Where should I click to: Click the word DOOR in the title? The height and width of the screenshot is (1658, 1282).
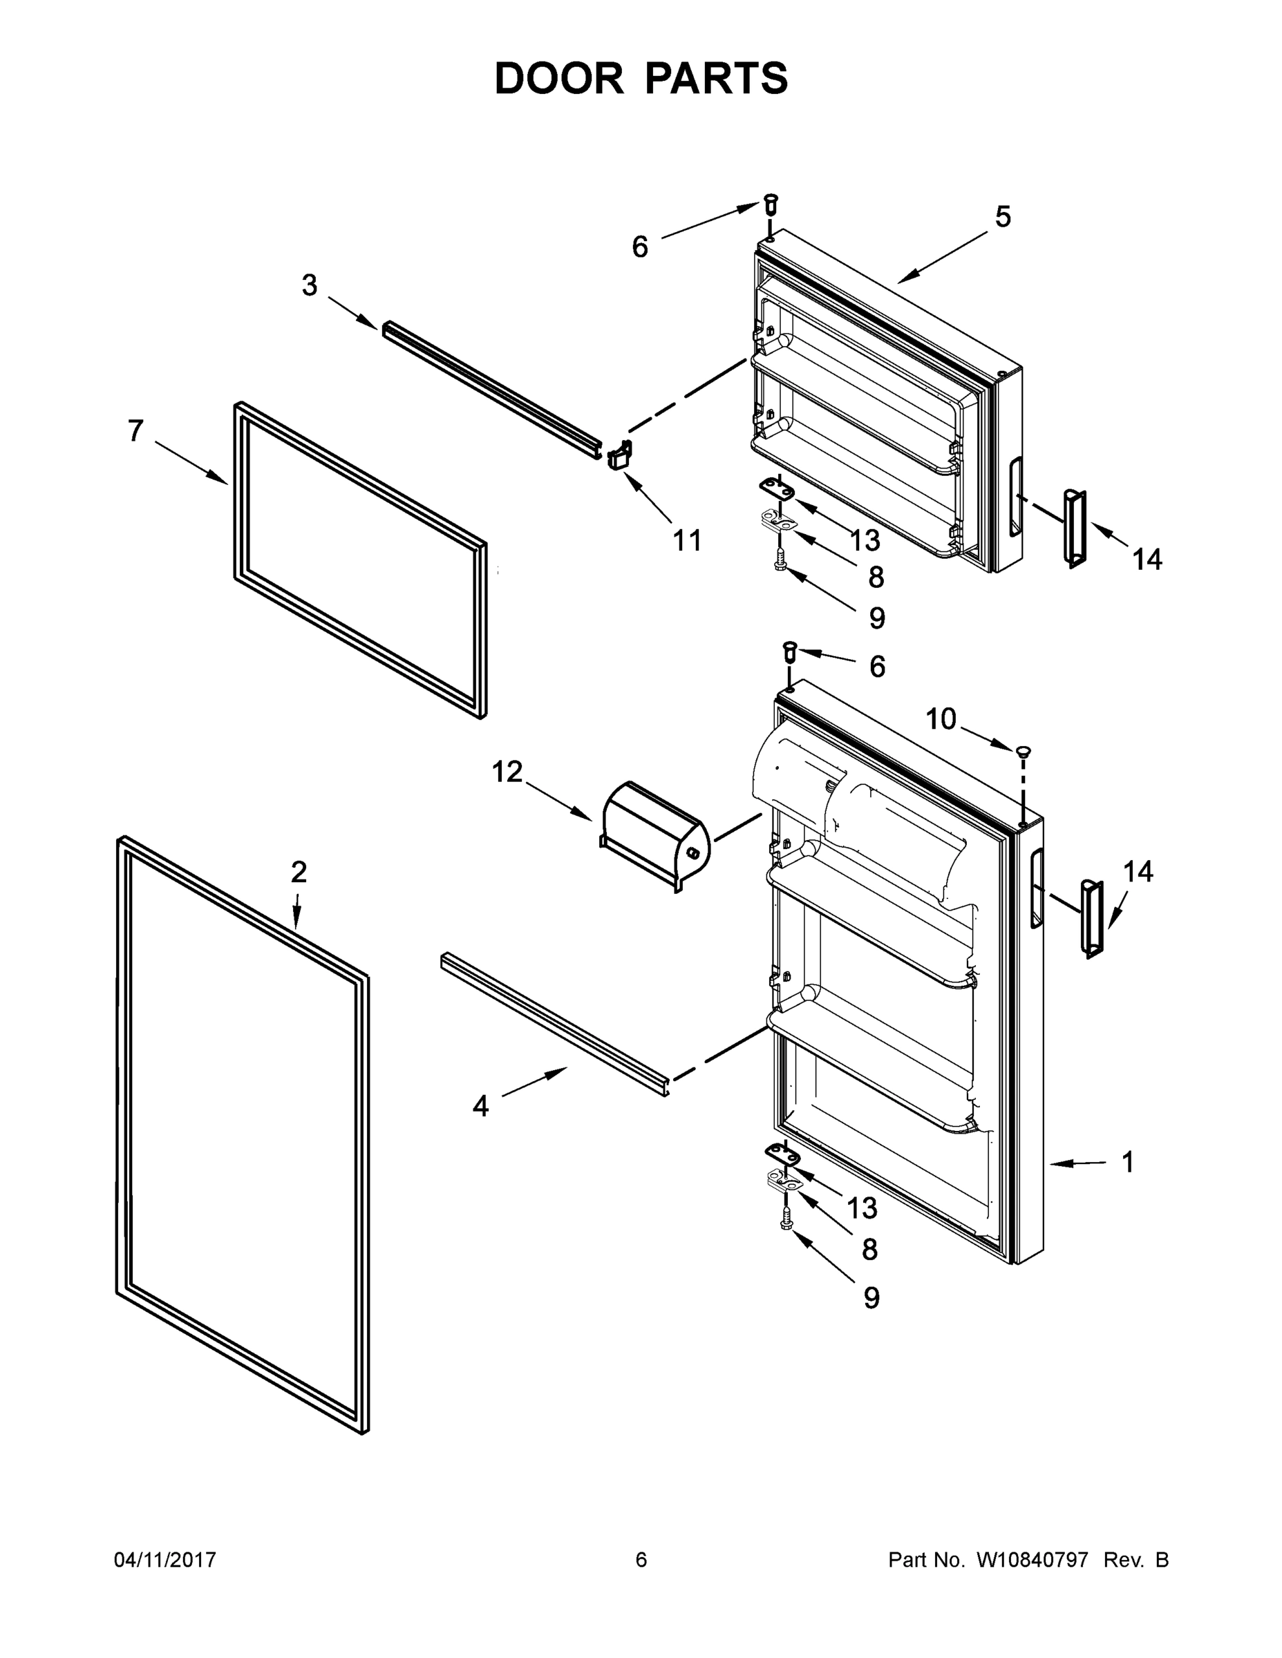[559, 79]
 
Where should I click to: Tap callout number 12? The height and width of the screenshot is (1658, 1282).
[507, 772]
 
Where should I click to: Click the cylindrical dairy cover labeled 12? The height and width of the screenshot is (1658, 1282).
[654, 835]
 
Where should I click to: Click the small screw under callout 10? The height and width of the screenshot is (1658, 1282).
[1023, 751]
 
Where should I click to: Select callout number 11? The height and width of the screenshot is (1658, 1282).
[688, 540]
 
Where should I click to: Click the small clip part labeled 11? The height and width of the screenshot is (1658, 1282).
[619, 455]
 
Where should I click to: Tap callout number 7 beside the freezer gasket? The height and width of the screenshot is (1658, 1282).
[135, 430]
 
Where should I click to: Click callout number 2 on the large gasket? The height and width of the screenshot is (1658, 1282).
[299, 873]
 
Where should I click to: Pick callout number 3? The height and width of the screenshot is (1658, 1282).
[309, 285]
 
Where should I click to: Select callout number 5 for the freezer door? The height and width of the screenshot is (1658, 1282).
[1003, 217]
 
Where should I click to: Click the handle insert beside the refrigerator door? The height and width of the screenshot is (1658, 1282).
[1091, 919]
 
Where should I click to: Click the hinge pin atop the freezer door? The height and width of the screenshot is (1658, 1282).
[770, 204]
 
